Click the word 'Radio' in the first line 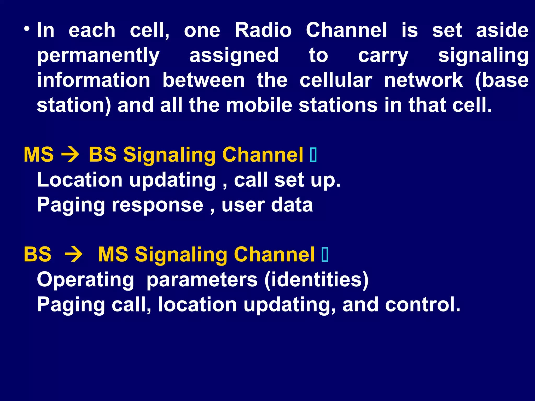(x=263, y=30)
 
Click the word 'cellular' (x=336, y=80)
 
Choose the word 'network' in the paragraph (x=423, y=80)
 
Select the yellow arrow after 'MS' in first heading (x=70, y=155)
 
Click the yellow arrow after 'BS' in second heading (x=74, y=254)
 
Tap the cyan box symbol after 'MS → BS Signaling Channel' (x=313, y=155)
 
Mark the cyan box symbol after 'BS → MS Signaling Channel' (x=325, y=255)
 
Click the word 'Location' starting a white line (x=80, y=180)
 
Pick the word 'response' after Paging (x=158, y=205)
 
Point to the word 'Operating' (x=85, y=280)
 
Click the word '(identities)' (x=316, y=280)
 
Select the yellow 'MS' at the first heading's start (x=39, y=155)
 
